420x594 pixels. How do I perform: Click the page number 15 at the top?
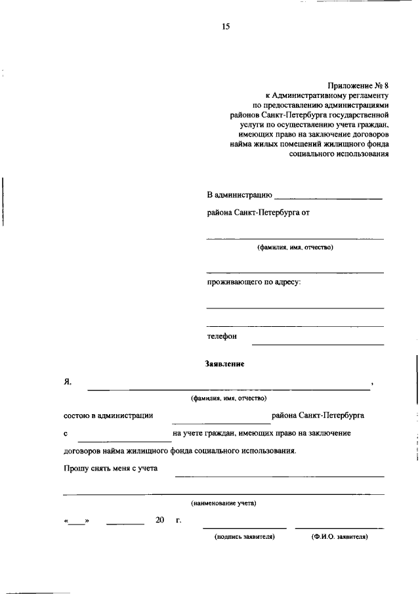(x=226, y=26)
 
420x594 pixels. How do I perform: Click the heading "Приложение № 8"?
(x=359, y=85)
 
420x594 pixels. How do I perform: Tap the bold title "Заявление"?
(x=224, y=363)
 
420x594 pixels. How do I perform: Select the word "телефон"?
(x=222, y=336)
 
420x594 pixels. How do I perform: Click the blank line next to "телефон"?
(x=318, y=343)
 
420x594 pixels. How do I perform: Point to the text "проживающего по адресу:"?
(x=254, y=282)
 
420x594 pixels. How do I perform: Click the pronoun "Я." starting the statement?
(x=68, y=381)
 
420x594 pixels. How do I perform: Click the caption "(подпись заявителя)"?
(x=244, y=536)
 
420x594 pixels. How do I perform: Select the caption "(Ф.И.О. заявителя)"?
(x=339, y=536)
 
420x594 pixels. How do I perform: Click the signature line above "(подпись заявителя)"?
(x=244, y=527)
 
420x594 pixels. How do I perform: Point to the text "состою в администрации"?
(x=108, y=415)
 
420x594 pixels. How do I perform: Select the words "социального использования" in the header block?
(x=339, y=154)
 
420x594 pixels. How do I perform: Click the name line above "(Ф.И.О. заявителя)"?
(x=339, y=527)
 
